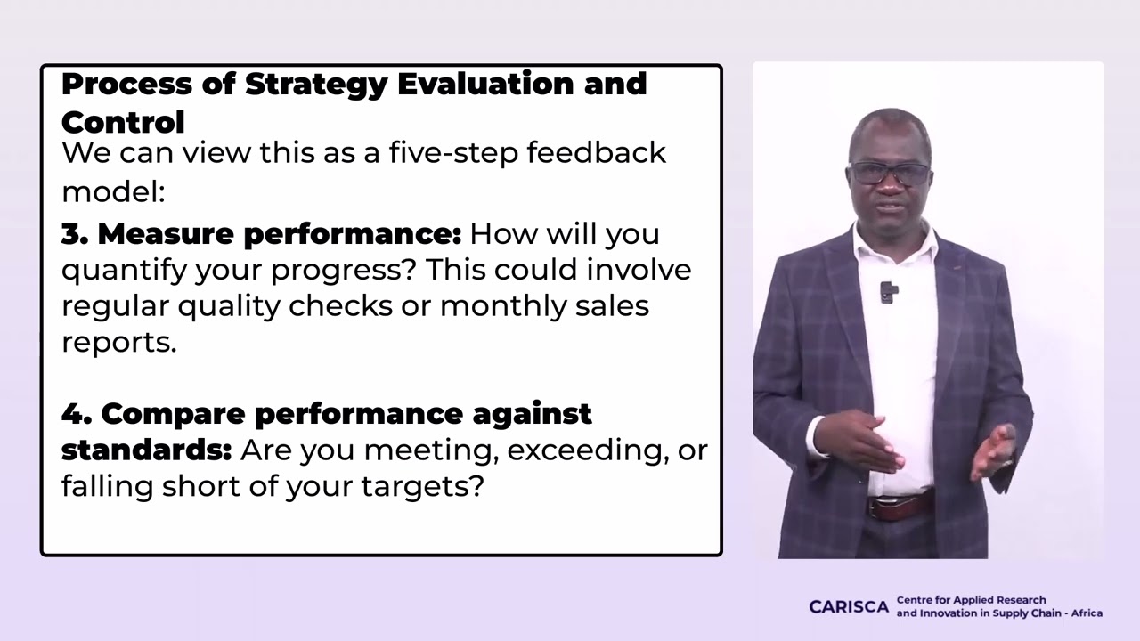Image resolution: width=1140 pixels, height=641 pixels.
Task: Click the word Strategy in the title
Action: point(315,85)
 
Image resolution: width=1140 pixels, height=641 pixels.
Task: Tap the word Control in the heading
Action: point(123,122)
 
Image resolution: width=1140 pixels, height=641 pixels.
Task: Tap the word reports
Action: point(118,343)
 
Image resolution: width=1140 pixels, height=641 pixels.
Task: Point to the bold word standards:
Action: point(146,450)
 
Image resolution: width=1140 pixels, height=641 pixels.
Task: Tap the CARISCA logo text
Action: point(848,606)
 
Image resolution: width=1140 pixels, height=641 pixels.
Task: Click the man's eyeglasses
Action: point(889,173)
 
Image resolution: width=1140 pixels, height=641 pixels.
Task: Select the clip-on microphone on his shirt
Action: point(888,291)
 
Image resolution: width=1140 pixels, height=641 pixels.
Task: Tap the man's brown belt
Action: point(900,507)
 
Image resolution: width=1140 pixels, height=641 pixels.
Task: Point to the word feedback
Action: point(596,153)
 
